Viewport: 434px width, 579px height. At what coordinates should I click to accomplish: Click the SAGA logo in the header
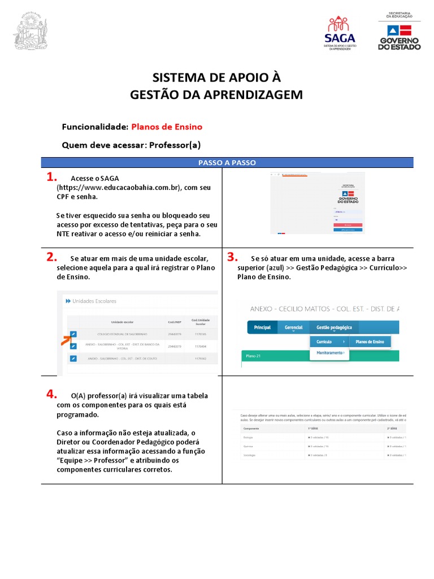(x=340, y=33)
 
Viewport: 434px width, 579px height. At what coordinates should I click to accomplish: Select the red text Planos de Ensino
(x=167, y=127)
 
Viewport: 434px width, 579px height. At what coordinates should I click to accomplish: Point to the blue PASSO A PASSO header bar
(x=227, y=162)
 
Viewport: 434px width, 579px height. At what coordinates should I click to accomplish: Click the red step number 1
(x=53, y=177)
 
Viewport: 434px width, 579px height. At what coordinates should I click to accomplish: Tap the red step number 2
(x=53, y=257)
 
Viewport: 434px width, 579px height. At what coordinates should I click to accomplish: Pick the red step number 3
(x=232, y=257)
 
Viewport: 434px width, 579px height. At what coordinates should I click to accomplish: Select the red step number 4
(x=53, y=394)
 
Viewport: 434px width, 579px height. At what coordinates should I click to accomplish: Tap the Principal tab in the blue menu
(x=263, y=327)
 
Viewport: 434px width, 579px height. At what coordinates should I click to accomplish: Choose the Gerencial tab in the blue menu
(x=293, y=327)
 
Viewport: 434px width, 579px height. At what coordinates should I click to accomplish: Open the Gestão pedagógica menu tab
(x=334, y=327)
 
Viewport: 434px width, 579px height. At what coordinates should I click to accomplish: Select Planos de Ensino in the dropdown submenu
(x=370, y=342)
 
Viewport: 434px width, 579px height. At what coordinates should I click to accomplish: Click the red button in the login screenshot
(x=348, y=224)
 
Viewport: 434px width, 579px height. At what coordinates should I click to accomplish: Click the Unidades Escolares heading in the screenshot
(x=91, y=301)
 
